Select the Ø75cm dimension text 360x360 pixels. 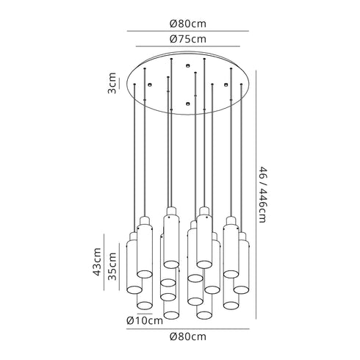(188, 39)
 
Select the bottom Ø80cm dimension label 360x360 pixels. (188, 337)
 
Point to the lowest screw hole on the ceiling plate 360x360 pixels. (187, 105)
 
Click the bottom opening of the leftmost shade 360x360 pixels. (134, 292)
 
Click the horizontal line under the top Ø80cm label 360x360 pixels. (188, 30)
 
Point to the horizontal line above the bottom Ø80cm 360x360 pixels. (188, 328)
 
